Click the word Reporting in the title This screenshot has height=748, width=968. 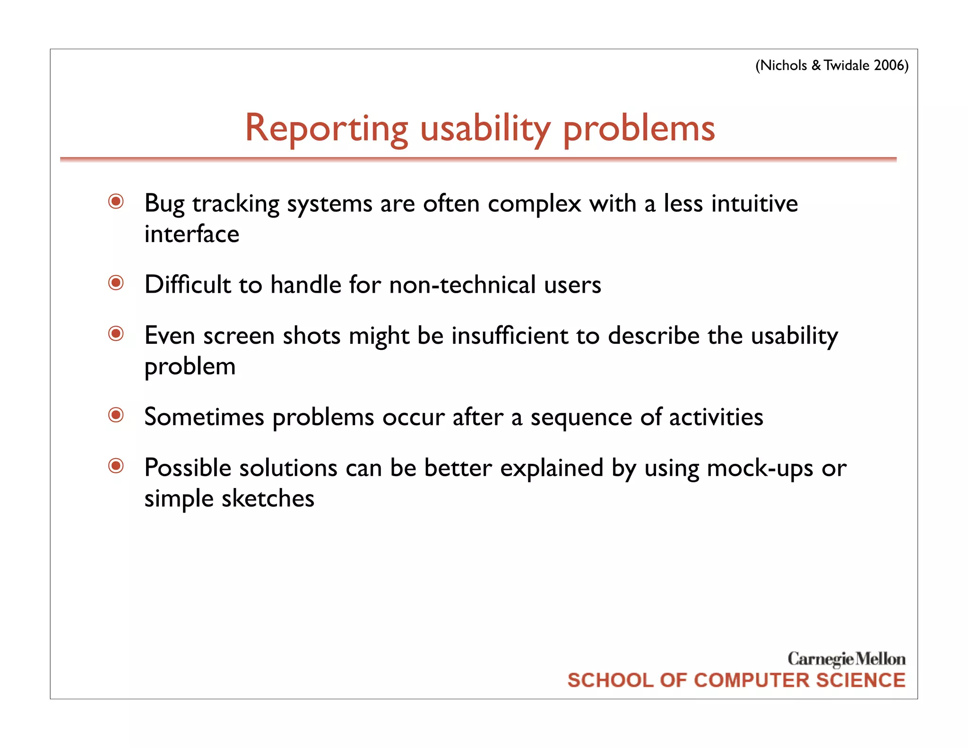326,129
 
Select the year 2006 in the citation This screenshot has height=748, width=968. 888,65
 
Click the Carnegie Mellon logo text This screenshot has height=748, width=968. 846,659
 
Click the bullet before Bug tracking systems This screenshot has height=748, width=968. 116,202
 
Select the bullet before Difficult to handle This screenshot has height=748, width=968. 116,283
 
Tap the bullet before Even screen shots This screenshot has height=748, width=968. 116,334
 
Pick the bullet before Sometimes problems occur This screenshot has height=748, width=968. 116,415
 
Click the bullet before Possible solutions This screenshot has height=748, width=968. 116,466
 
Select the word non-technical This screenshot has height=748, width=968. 462,285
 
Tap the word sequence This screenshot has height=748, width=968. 581,418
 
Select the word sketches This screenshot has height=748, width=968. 268,498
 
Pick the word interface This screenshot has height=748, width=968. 191,234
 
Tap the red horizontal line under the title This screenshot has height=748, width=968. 478,160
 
